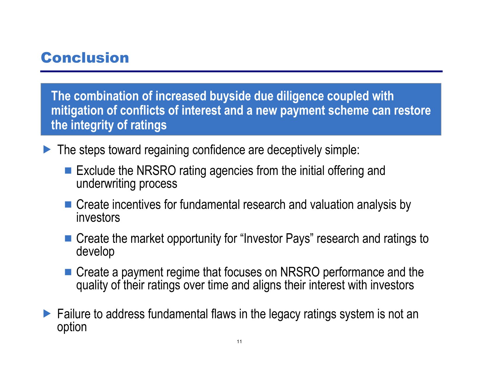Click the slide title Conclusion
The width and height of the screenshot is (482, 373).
[85, 58]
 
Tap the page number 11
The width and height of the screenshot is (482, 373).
[239, 341]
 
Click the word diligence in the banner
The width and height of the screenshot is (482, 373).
[300, 96]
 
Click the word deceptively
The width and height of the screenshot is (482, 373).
[294, 150]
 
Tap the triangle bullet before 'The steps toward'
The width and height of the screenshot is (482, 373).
[47, 149]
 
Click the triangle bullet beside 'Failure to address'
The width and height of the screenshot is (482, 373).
[47, 313]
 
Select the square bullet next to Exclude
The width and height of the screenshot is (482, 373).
[68, 171]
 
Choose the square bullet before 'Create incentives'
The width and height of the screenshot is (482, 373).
[68, 204]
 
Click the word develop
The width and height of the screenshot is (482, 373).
[96, 252]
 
